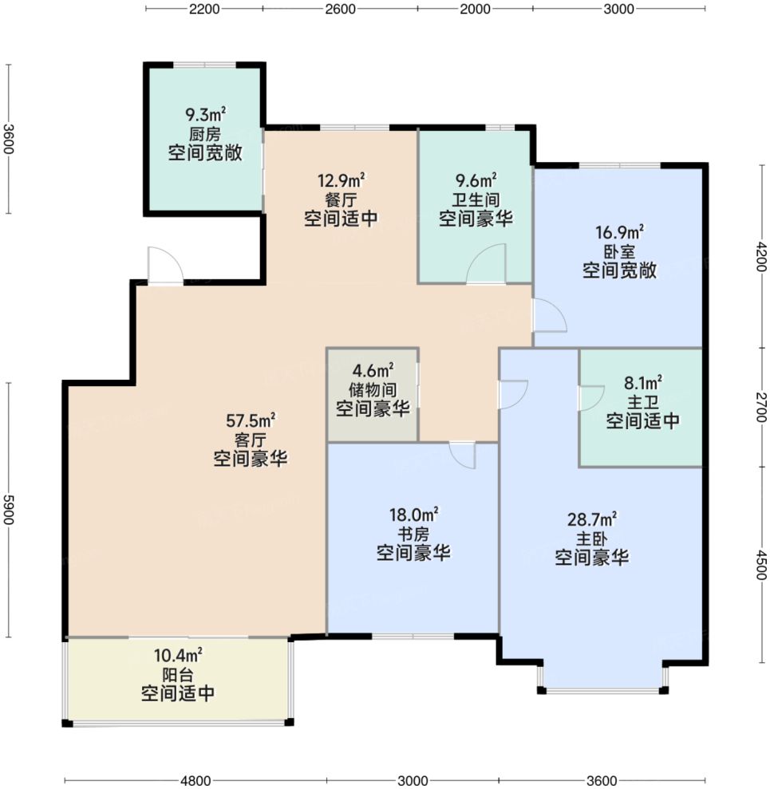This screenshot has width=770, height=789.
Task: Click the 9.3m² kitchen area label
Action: tap(205, 114)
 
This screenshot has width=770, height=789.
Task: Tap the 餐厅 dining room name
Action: tap(341, 199)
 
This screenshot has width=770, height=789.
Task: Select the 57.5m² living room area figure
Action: tap(250, 419)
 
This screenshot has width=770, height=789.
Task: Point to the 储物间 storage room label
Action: tap(373, 389)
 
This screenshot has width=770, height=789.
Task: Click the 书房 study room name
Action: tap(413, 534)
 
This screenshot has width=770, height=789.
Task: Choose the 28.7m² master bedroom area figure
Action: tap(592, 519)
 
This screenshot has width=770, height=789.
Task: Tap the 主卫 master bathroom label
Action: tap(642, 402)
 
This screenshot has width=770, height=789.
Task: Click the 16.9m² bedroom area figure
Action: tap(619, 232)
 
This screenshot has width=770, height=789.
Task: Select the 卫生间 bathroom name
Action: tap(476, 199)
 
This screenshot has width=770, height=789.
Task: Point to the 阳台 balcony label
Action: tap(178, 675)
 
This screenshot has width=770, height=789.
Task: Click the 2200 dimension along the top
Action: tap(205, 9)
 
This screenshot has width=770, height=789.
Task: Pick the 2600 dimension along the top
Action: tap(340, 9)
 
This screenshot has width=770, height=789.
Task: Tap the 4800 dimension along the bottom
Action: tap(195, 780)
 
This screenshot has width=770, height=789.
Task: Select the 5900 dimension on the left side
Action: tap(9, 509)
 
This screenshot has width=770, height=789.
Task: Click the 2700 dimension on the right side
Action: tap(761, 407)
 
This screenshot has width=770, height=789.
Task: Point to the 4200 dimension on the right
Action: tap(761, 256)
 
